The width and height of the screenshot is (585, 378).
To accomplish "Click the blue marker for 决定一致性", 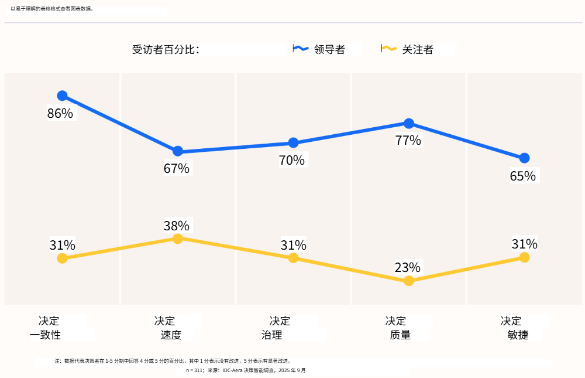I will click(x=62, y=96).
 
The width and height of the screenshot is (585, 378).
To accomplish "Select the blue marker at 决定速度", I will click(x=178, y=151).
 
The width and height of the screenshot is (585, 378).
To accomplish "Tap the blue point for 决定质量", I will click(x=409, y=123).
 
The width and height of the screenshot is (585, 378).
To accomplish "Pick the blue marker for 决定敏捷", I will click(x=524, y=158).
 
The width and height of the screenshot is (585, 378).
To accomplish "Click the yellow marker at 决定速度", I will click(x=178, y=239).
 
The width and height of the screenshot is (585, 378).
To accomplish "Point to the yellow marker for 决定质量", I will click(x=409, y=281).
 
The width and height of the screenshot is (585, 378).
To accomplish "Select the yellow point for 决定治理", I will click(x=294, y=258).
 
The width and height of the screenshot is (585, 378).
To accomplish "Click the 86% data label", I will click(x=60, y=114).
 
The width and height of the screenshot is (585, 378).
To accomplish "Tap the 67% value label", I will click(x=176, y=169).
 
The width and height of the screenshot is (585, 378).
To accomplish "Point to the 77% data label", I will click(x=408, y=141).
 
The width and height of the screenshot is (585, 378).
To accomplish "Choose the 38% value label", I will click(x=176, y=226).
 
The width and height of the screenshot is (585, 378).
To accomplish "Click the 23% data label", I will click(x=407, y=267).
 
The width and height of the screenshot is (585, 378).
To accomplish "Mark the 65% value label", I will click(x=522, y=176).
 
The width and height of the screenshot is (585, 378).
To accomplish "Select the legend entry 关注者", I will click(x=418, y=50).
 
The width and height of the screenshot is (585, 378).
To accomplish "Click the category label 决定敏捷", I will click(x=511, y=328).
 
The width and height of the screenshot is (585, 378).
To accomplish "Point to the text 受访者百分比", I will click(x=166, y=50).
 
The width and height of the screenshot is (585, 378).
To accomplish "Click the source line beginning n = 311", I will click(x=246, y=370).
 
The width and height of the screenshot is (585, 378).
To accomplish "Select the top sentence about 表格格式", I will click(x=52, y=9).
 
